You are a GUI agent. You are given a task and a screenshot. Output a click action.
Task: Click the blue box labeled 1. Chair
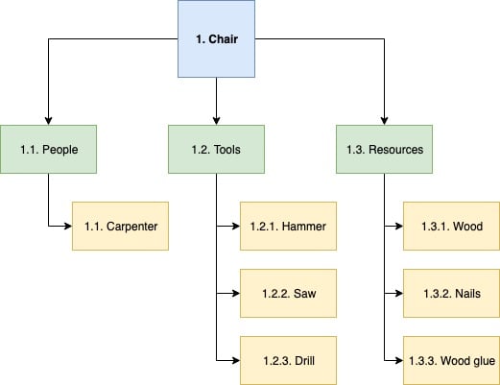216,40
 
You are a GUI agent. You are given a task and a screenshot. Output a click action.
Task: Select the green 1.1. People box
48,150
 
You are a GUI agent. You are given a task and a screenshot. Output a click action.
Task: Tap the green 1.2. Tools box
216,150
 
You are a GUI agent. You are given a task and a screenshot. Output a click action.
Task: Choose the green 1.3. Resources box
384,150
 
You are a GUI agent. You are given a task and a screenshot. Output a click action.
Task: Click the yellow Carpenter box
121,227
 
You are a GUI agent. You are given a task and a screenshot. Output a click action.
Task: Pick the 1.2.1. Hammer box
288,227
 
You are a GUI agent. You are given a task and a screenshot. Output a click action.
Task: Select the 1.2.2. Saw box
288,293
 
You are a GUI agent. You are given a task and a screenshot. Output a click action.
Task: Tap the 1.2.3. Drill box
288,360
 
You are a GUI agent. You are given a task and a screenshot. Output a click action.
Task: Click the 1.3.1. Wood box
451,227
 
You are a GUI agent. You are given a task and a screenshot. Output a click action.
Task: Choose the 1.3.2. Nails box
451,293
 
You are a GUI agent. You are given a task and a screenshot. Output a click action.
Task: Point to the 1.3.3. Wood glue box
451,360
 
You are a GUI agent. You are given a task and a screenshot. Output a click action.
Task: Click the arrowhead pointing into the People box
48,120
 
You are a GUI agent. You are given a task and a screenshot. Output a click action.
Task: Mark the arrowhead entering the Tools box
216,120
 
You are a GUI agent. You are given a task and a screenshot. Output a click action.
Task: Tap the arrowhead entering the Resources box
384,120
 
